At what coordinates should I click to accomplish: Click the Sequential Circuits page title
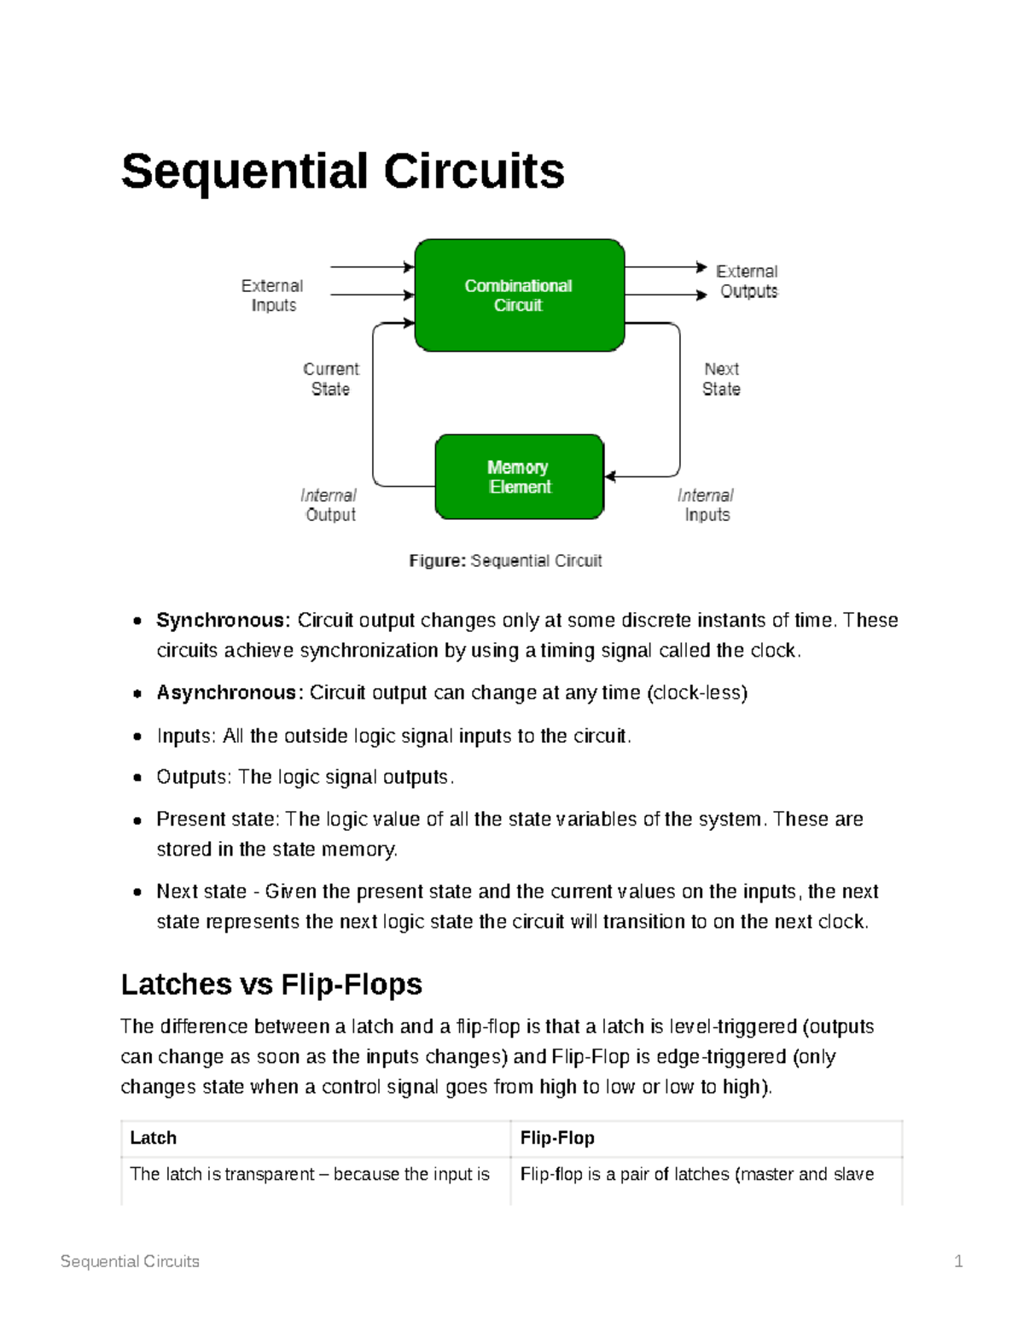click(342, 172)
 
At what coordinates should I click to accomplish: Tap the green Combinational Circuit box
click(519, 295)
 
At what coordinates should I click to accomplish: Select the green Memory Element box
click(519, 477)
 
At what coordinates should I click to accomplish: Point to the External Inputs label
click(272, 295)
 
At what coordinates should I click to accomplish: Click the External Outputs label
click(748, 282)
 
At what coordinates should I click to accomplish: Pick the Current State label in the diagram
click(330, 379)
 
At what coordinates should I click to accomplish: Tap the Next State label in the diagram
click(721, 379)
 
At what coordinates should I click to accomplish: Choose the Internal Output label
click(329, 505)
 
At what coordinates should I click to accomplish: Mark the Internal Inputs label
click(706, 505)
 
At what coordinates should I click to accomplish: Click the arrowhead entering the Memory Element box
click(610, 476)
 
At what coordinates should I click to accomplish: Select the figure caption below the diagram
click(505, 561)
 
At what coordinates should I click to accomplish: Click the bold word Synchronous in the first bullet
click(223, 620)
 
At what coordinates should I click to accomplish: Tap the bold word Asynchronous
click(229, 692)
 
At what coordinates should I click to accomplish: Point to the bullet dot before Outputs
click(137, 779)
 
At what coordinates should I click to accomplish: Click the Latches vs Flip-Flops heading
click(271, 984)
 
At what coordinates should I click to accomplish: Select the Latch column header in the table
click(154, 1138)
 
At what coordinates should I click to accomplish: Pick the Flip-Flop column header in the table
click(557, 1138)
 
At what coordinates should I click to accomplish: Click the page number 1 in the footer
click(958, 1261)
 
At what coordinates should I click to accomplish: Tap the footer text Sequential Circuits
click(130, 1261)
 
